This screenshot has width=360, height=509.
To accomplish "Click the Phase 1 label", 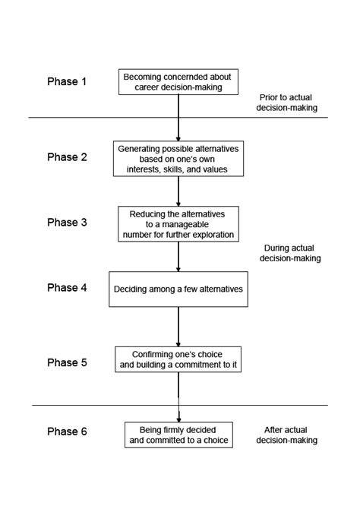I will [x=68, y=81].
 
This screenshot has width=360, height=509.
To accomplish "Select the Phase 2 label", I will [x=68, y=157].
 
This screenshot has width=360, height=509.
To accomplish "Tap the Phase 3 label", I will [x=68, y=222].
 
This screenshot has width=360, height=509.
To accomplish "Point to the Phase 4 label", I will [x=68, y=287].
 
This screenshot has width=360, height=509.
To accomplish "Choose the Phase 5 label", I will [x=68, y=362].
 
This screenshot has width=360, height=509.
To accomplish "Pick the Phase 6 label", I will [x=68, y=432].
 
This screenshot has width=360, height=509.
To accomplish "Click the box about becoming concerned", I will [x=178, y=81].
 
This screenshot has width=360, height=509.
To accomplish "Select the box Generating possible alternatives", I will [x=178, y=158].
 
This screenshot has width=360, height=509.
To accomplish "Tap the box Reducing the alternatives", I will [x=178, y=223].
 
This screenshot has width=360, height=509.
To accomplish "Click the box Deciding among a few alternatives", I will [x=178, y=289].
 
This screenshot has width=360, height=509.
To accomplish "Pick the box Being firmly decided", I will [x=178, y=434].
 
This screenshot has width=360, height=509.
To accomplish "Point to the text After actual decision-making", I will [x=292, y=434].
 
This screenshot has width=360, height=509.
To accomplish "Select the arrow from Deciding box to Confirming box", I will [x=178, y=327].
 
